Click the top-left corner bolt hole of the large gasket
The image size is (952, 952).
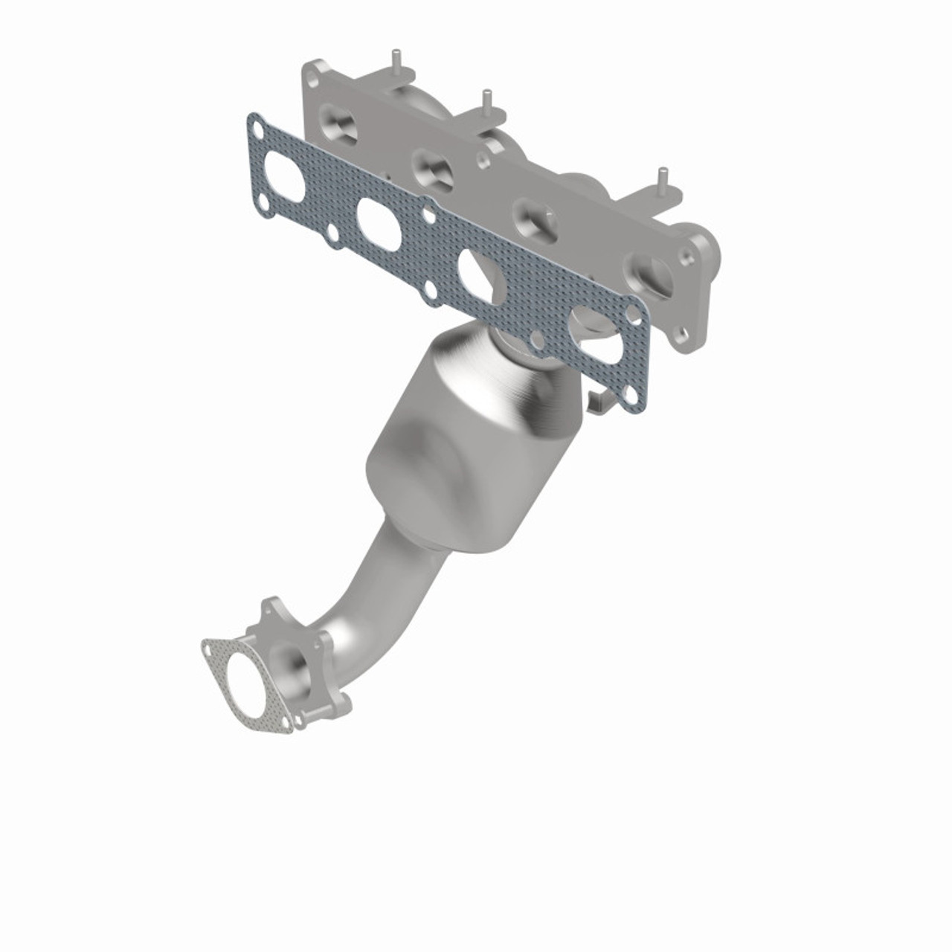[256, 132]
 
